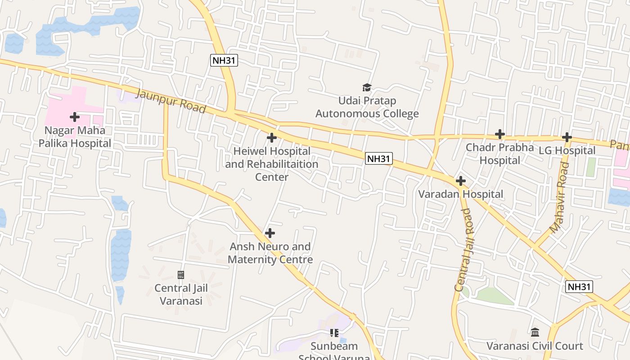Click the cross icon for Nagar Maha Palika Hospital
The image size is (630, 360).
click(x=75, y=117)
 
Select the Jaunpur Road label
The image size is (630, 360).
click(x=171, y=101)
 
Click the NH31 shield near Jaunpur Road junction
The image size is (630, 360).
click(x=224, y=60)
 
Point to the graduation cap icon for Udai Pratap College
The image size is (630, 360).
click(x=367, y=87)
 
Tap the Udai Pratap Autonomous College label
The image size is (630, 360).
click(x=367, y=107)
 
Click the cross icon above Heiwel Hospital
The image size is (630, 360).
click(x=271, y=138)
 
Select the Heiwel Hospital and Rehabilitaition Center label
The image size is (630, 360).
click(x=272, y=164)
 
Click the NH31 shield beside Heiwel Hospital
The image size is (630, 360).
click(x=378, y=158)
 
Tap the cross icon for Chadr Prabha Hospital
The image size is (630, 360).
click(x=500, y=134)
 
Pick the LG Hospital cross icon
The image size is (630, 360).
click(x=567, y=137)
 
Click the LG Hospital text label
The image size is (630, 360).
click(x=567, y=151)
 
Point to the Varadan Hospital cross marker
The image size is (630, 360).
click(x=461, y=181)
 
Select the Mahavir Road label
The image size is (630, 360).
click(x=560, y=198)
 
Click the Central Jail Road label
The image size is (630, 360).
click(x=465, y=249)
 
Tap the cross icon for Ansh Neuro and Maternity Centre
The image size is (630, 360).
click(x=270, y=233)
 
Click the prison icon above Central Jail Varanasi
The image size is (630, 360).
click(x=181, y=274)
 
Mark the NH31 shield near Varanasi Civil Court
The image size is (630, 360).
click(x=579, y=287)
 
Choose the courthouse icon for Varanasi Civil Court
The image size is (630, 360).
click(x=535, y=333)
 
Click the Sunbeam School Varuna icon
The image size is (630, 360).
click(x=334, y=333)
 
